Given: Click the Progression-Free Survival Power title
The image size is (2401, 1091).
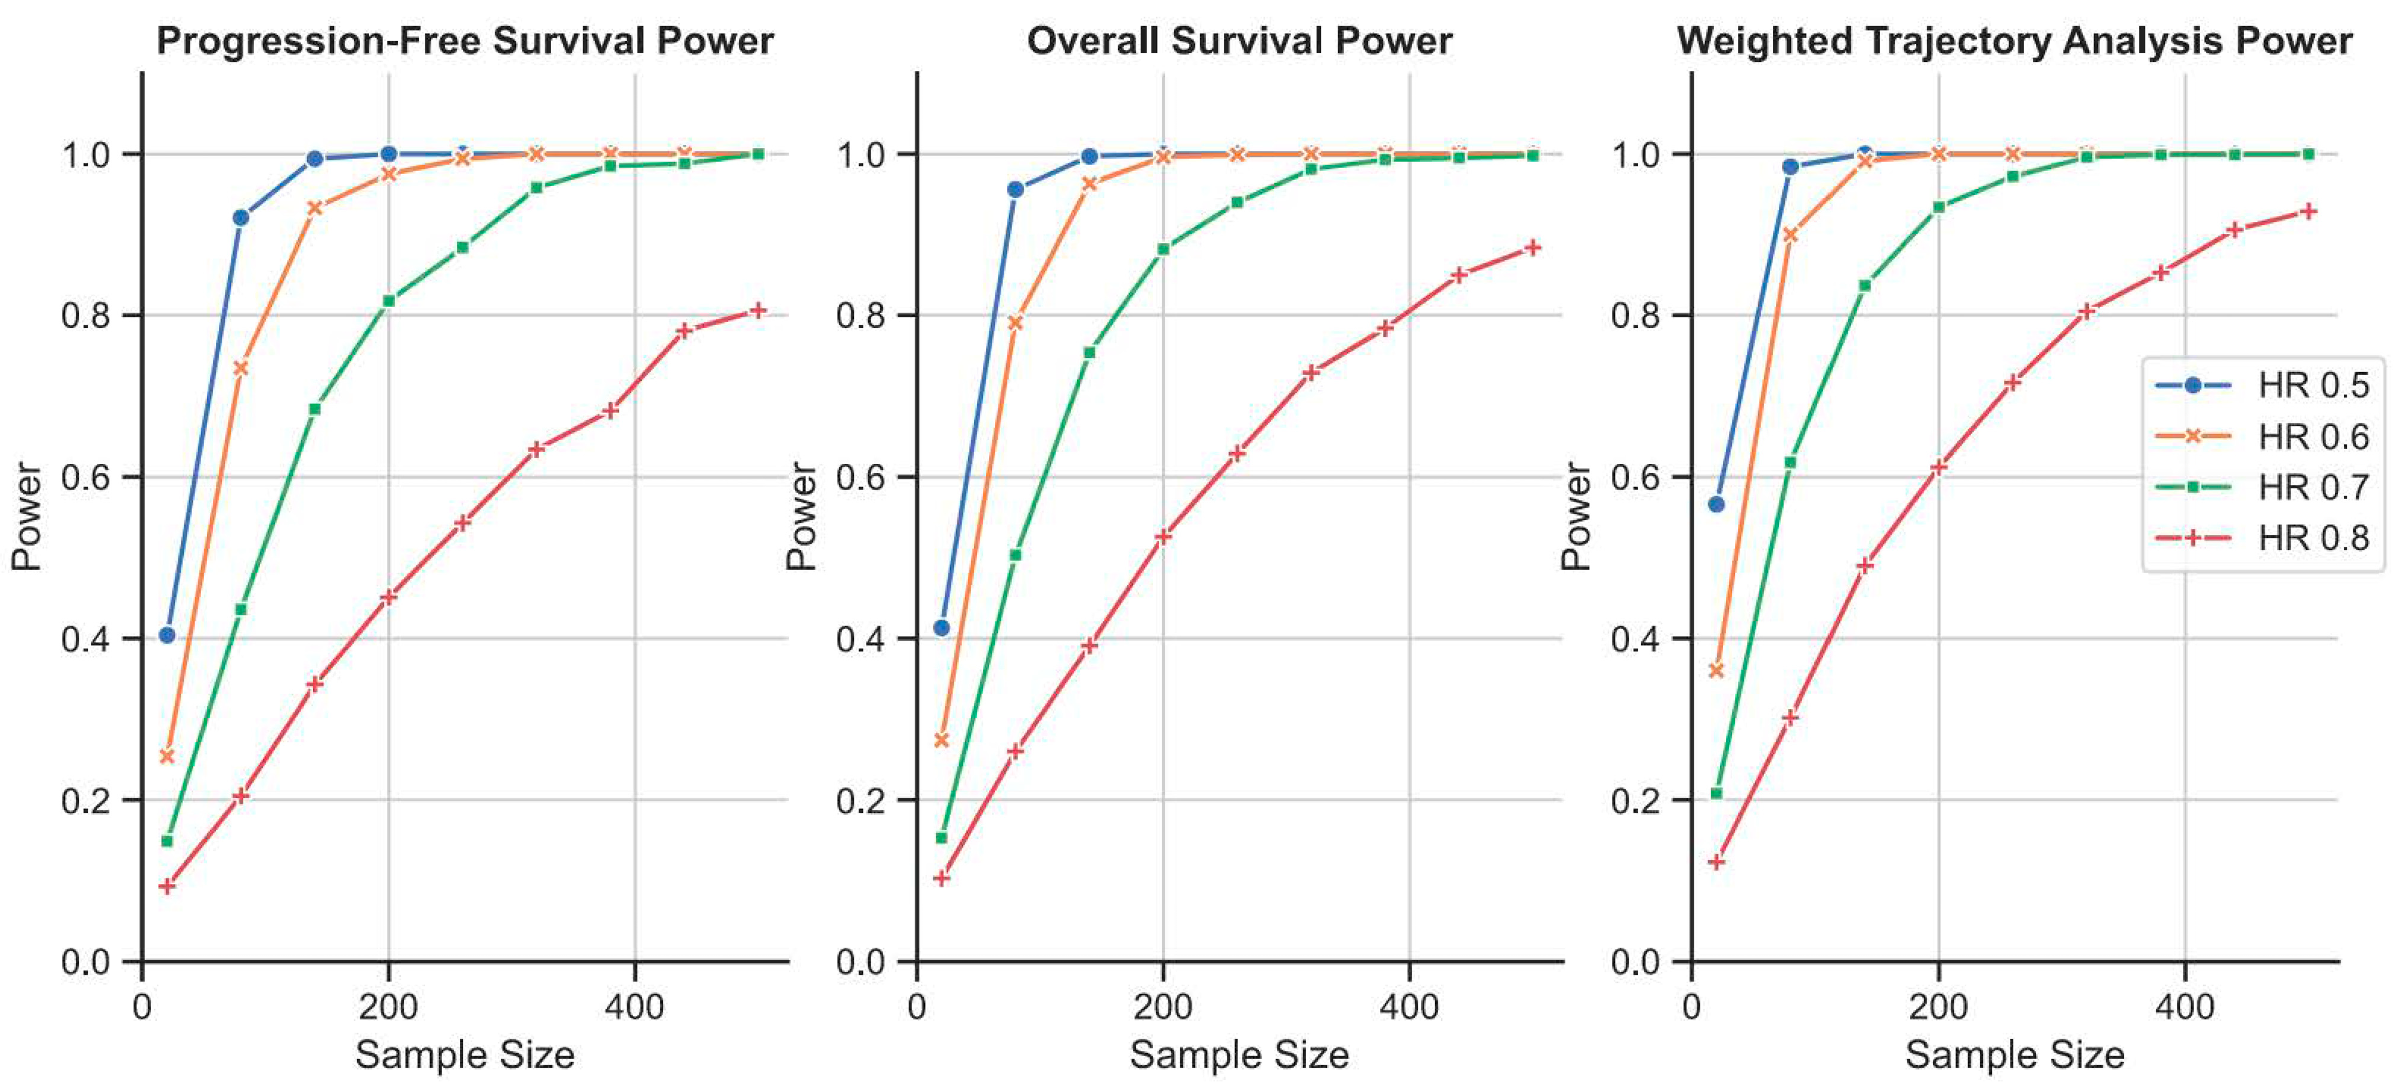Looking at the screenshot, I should tap(464, 42).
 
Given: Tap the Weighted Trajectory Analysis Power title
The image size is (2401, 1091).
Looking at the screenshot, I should tap(2014, 42).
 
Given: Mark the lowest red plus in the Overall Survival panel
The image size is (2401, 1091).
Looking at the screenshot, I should tap(942, 878).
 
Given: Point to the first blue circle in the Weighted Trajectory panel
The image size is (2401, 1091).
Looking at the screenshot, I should tap(1716, 504).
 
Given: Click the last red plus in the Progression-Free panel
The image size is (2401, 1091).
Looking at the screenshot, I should tap(758, 310).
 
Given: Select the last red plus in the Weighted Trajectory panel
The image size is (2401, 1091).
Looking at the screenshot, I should tap(2308, 212).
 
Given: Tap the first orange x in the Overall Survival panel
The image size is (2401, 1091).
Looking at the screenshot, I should tap(942, 740).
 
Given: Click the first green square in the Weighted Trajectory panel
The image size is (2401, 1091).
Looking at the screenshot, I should tap(1716, 793).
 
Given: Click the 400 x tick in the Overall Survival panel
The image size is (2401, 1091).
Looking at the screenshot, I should tap(1409, 1007).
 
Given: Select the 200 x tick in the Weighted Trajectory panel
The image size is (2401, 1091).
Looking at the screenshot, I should tap(1938, 1007).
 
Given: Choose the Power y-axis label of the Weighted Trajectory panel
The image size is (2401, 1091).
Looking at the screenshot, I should tap(1574, 515).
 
